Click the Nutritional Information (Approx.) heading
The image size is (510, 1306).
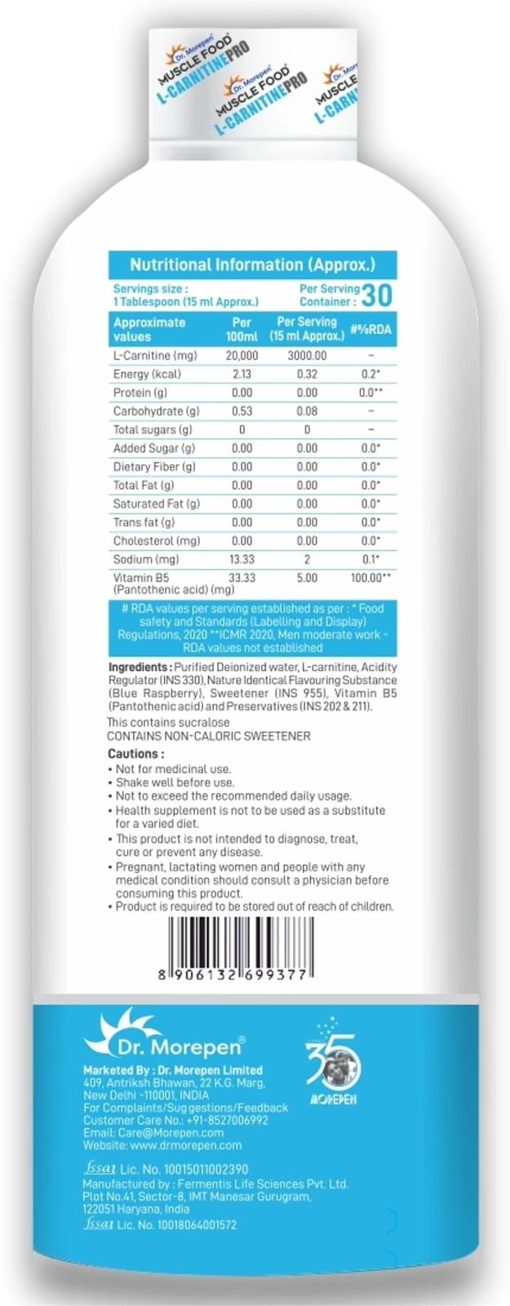coord(252,264)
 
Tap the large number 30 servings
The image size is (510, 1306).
coord(378,294)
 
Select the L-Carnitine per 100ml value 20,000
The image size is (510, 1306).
coord(242,356)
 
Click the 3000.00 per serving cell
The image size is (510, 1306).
coord(307,356)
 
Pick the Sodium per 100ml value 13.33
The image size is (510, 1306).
coord(242,559)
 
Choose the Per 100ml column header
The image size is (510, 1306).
coord(242,329)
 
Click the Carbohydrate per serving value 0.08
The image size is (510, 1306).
coord(307,411)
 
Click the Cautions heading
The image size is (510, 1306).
coord(135,753)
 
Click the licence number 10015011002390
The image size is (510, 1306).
coord(184,1169)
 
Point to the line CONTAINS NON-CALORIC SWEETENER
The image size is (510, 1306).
coord(209,735)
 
